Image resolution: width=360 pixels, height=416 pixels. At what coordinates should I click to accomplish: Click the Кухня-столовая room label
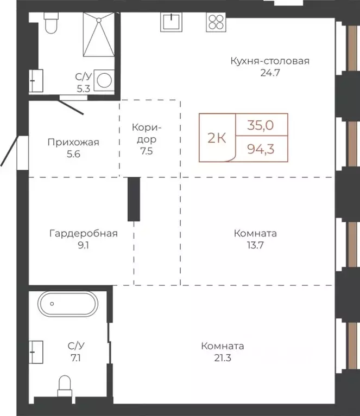[269, 61]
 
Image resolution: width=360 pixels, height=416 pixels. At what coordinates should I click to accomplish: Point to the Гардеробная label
[83, 234]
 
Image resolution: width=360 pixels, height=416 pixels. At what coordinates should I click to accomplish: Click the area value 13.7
[255, 245]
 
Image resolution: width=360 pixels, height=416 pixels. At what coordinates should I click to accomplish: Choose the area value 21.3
[222, 357]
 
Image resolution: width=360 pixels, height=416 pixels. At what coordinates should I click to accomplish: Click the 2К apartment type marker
[217, 137]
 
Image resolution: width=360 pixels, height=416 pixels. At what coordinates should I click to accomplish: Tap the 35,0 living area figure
[261, 125]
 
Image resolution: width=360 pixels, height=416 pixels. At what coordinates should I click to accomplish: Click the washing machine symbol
[104, 80]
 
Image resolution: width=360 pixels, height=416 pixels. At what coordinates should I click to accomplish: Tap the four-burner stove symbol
[215, 22]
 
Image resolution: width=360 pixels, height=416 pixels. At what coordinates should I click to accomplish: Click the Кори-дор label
[147, 139]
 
